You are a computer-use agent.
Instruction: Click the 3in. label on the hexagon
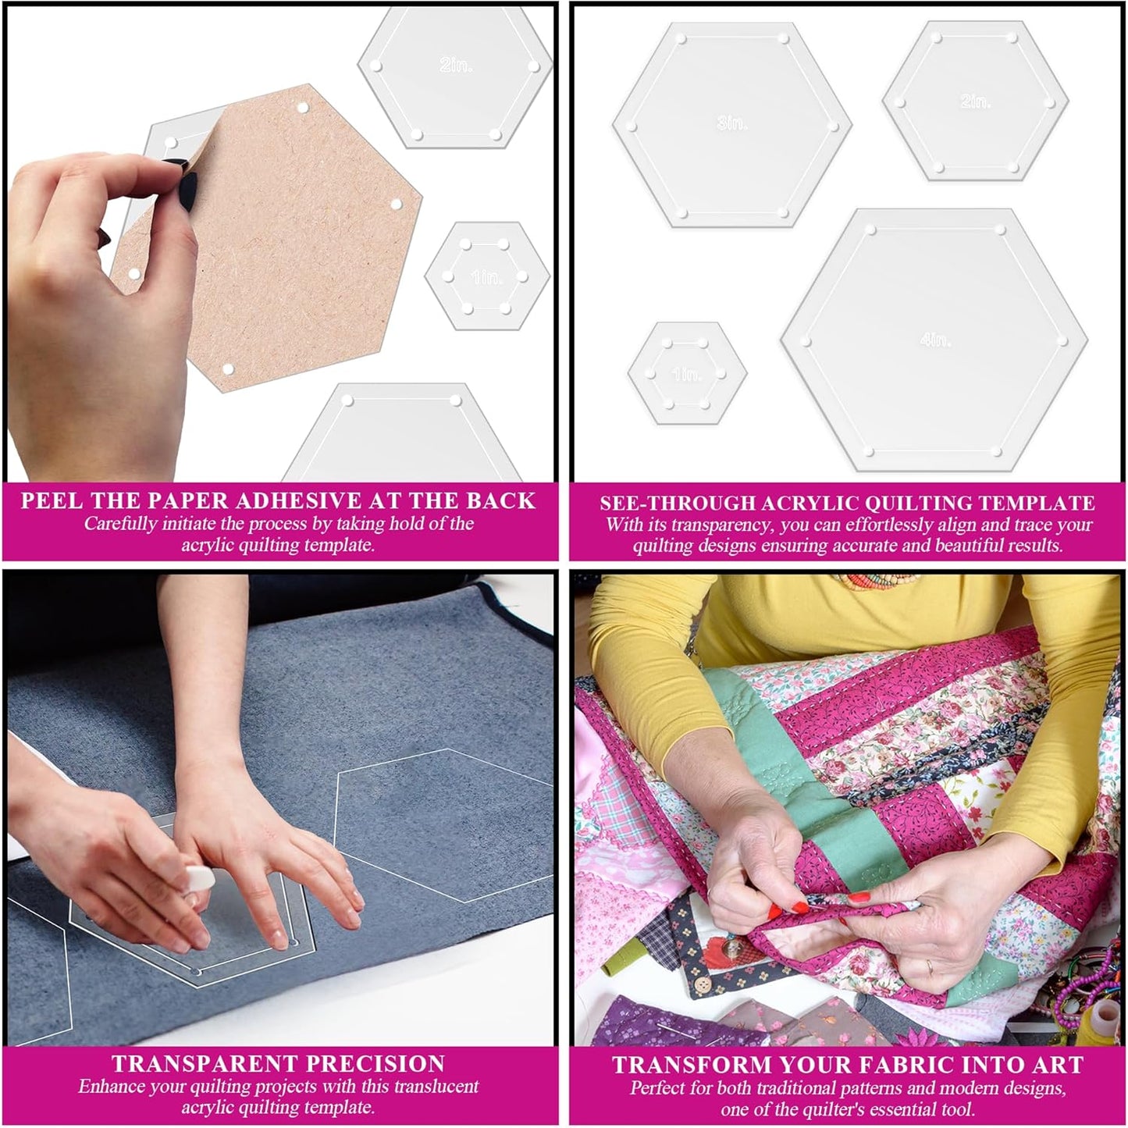coord(732,123)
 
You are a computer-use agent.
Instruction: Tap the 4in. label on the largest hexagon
coord(935,339)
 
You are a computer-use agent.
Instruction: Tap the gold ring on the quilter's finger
coord(928,966)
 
